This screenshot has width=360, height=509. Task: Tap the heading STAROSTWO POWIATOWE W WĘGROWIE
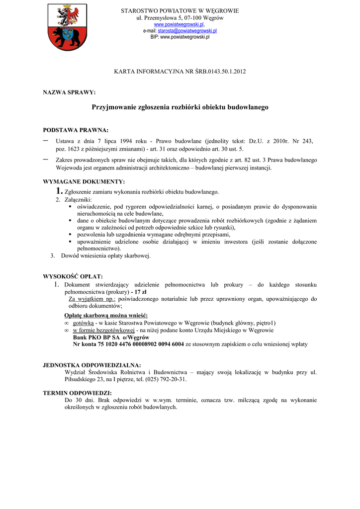(x=180, y=10)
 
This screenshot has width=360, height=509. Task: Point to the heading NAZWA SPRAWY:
(x=69, y=92)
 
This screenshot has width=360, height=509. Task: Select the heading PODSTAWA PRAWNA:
(x=76, y=130)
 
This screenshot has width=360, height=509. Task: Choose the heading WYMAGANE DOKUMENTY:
(x=84, y=181)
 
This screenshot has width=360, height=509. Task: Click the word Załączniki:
(x=75, y=199)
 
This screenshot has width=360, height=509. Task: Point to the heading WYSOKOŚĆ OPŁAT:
(x=73, y=276)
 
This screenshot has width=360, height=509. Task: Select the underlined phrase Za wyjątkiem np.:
(x=91, y=299)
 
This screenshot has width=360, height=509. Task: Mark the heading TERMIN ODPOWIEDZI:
(x=77, y=393)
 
